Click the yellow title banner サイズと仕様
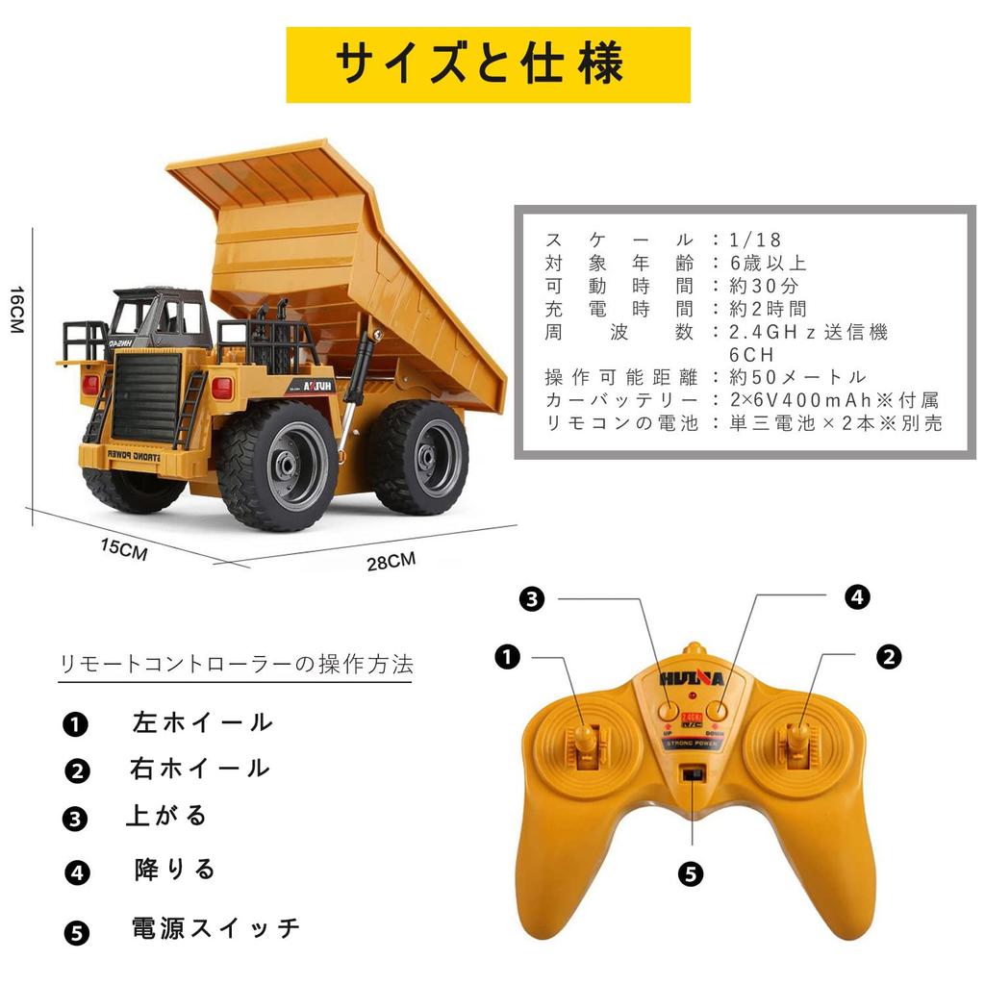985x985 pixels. [488, 64]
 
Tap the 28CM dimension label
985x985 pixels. [391, 561]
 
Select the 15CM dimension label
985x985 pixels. [124, 550]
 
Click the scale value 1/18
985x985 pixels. [756, 240]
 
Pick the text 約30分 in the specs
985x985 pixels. [765, 286]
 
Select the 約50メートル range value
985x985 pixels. [797, 377]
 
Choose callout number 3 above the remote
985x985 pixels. [532, 599]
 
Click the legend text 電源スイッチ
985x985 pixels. [216, 928]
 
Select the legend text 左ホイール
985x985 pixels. [203, 722]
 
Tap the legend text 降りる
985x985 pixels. [175, 871]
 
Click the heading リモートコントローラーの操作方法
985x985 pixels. [236, 664]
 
